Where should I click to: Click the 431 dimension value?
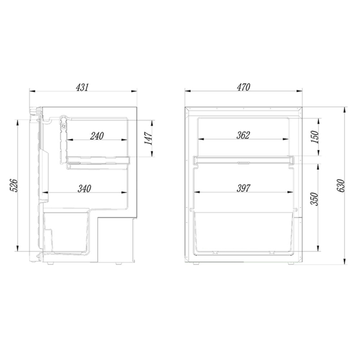coord(82,87)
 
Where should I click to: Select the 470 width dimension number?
coord(244,87)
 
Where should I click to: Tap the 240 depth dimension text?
coord(97,136)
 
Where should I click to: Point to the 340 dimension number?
coord(84,189)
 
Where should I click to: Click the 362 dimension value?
coord(243,136)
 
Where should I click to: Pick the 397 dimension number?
coord(244,188)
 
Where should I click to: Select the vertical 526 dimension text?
coord(13,186)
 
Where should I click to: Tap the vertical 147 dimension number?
coord(148,138)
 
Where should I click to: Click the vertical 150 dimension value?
coord(315,137)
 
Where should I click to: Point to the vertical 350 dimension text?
coord(314,199)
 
